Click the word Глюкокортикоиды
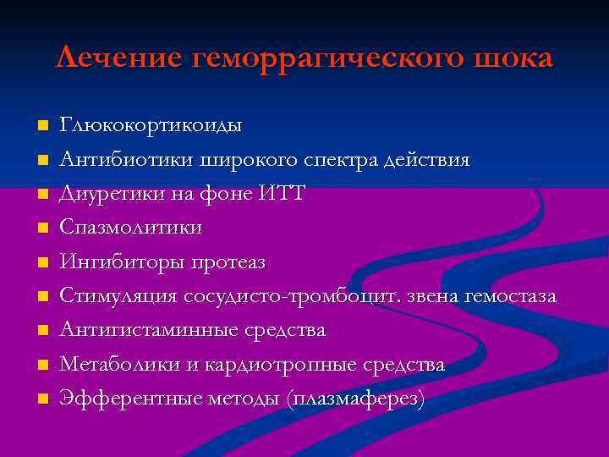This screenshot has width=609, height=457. [x=150, y=126]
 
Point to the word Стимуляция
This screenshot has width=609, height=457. [x=118, y=296]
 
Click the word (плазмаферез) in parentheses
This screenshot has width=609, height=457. [x=355, y=399]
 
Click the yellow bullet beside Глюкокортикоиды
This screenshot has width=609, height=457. [x=43, y=126]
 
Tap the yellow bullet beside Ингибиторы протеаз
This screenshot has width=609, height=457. [x=43, y=262]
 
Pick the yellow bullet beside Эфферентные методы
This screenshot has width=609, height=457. [x=43, y=399]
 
